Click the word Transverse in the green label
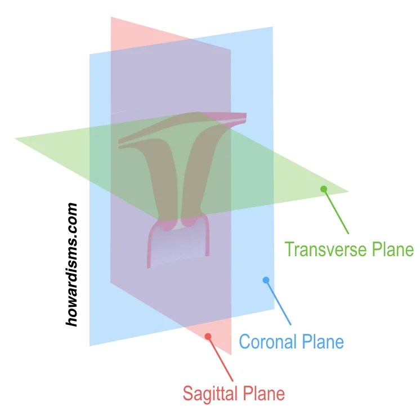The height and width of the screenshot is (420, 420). click(x=326, y=249)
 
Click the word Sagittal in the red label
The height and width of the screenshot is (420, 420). click(x=211, y=393)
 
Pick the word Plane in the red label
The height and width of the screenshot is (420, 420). click(x=264, y=393)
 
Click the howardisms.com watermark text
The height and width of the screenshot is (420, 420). click(x=72, y=265)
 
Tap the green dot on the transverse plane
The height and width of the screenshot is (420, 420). click(x=324, y=189)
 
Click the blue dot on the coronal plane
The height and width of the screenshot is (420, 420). click(x=266, y=280)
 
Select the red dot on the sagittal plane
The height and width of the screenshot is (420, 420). click(x=208, y=337)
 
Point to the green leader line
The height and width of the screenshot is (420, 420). click(x=336, y=212)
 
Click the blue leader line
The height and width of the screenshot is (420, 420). click(x=278, y=303)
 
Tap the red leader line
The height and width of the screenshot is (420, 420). click(x=221, y=359)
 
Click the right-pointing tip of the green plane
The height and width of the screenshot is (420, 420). click(x=348, y=191)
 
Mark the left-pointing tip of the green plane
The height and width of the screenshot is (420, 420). click(x=15, y=138)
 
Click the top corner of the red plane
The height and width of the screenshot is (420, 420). click(x=111, y=17)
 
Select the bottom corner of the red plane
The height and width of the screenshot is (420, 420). click(x=231, y=355)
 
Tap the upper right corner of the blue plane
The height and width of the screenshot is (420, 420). click(x=272, y=26)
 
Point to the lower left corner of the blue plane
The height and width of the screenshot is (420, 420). click(x=90, y=346)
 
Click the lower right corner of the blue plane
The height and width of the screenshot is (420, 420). click(x=275, y=309)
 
